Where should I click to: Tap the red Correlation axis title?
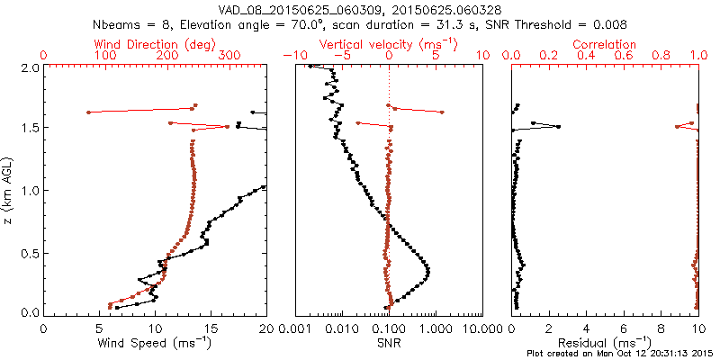(605, 44)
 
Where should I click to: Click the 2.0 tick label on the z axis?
(29, 67)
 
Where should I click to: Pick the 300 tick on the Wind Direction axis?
(230, 56)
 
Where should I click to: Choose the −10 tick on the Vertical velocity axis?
(293, 56)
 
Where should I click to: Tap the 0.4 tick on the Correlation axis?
(587, 56)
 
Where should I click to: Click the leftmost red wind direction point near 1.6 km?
(88, 112)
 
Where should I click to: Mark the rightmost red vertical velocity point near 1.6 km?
(442, 112)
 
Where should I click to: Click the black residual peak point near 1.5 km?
(558, 127)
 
